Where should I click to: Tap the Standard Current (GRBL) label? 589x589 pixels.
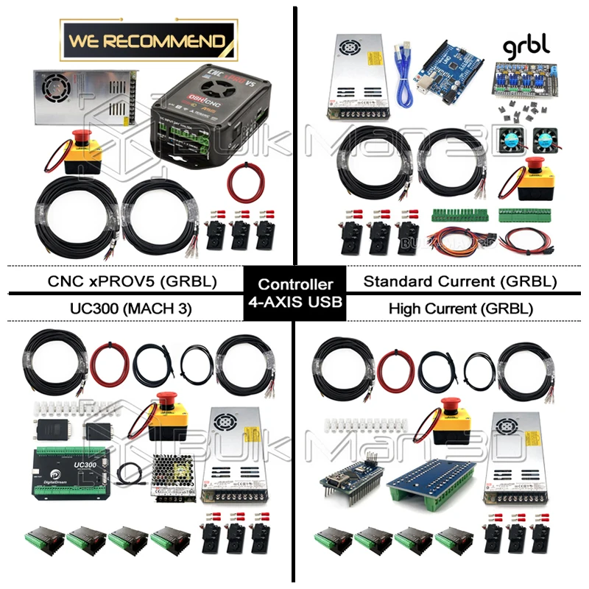coord(460,281)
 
